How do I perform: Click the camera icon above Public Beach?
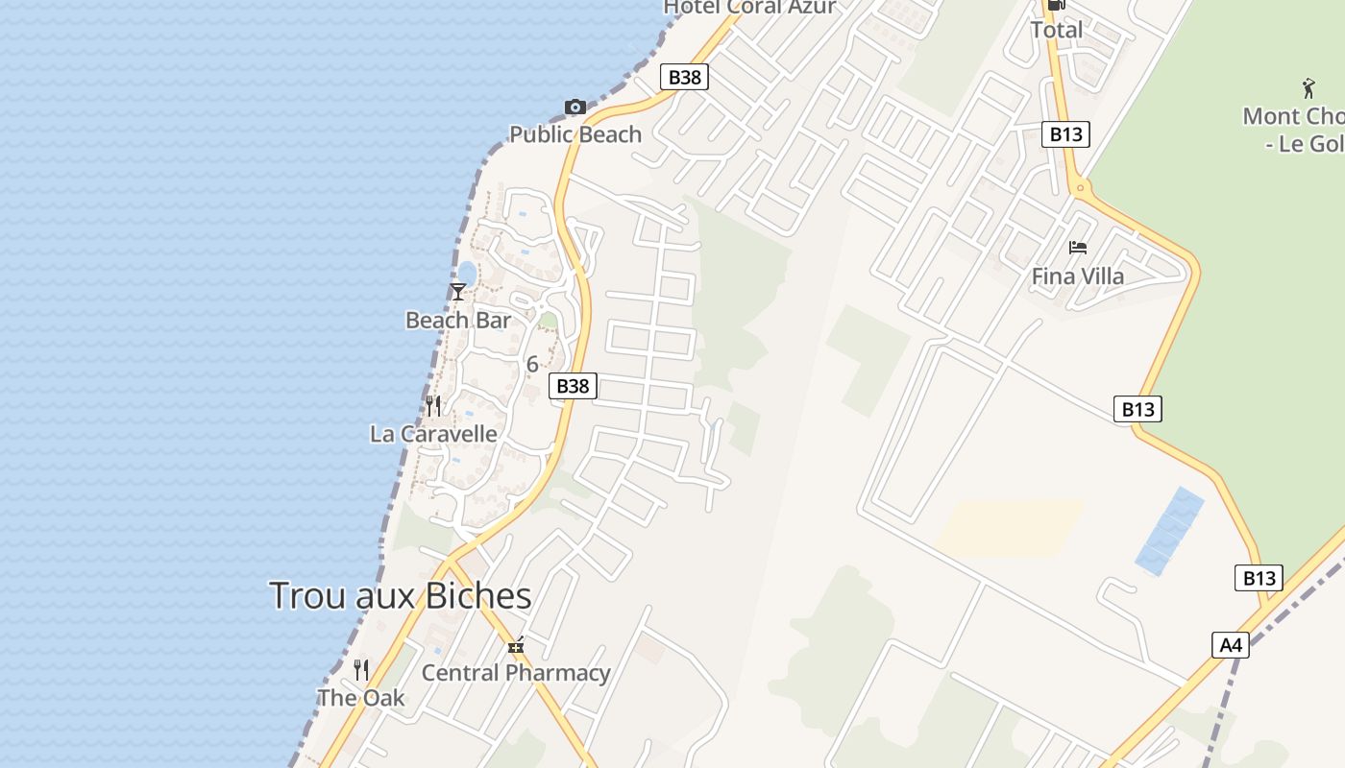[x=575, y=107]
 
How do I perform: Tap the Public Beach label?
[x=575, y=134]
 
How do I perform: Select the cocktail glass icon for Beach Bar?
[x=458, y=292]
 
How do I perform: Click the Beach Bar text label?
[x=458, y=320]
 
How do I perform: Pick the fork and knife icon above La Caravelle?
[x=434, y=406]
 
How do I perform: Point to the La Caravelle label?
[x=434, y=434]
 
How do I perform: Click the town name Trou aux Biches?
[x=401, y=596]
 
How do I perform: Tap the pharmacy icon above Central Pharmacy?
[x=516, y=646]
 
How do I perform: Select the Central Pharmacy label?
[x=516, y=673]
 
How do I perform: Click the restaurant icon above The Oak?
[x=361, y=670]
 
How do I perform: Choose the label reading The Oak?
[x=361, y=698]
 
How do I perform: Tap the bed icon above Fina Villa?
[x=1078, y=248]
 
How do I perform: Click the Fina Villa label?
[x=1078, y=276]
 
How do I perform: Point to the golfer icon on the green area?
[x=1308, y=89]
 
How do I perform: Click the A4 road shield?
[x=1232, y=645]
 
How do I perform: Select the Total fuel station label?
[x=1057, y=30]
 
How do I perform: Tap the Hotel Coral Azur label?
[x=750, y=8]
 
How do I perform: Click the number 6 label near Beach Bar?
[x=532, y=365]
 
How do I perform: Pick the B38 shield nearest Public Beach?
[x=684, y=77]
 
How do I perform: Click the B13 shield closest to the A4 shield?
[x=1259, y=578]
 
